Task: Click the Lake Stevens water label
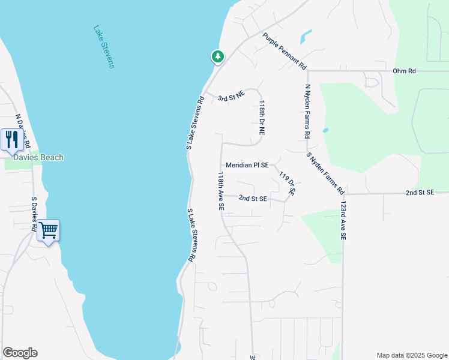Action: tap(104, 46)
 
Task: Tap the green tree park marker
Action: tap(217, 57)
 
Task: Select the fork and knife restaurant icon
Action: tap(12, 140)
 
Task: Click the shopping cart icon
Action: tap(48, 230)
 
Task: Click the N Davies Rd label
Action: tap(22, 131)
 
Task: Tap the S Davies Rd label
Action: tap(34, 212)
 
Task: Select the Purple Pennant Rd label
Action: tap(285, 50)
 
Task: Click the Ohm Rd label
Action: tap(404, 71)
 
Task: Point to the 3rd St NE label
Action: tap(231, 96)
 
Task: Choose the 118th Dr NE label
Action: tap(262, 116)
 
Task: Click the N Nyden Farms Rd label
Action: tap(308, 110)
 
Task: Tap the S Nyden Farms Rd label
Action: tap(325, 173)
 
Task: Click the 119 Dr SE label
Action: tap(288, 184)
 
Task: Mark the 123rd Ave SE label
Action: tap(344, 220)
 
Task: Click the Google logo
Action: tap(20, 353)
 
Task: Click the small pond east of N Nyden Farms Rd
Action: tap(325, 130)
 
